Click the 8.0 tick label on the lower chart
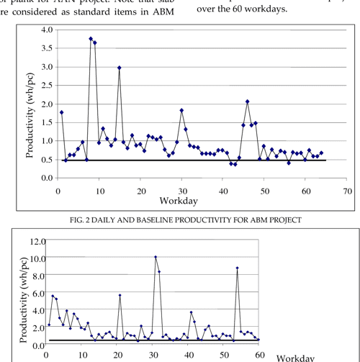(29, 276)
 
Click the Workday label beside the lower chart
(296, 356)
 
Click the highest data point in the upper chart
(91, 39)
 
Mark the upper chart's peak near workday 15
(120, 68)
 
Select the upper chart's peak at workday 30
(181, 110)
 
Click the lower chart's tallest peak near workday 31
(156, 257)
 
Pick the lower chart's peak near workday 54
(238, 268)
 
